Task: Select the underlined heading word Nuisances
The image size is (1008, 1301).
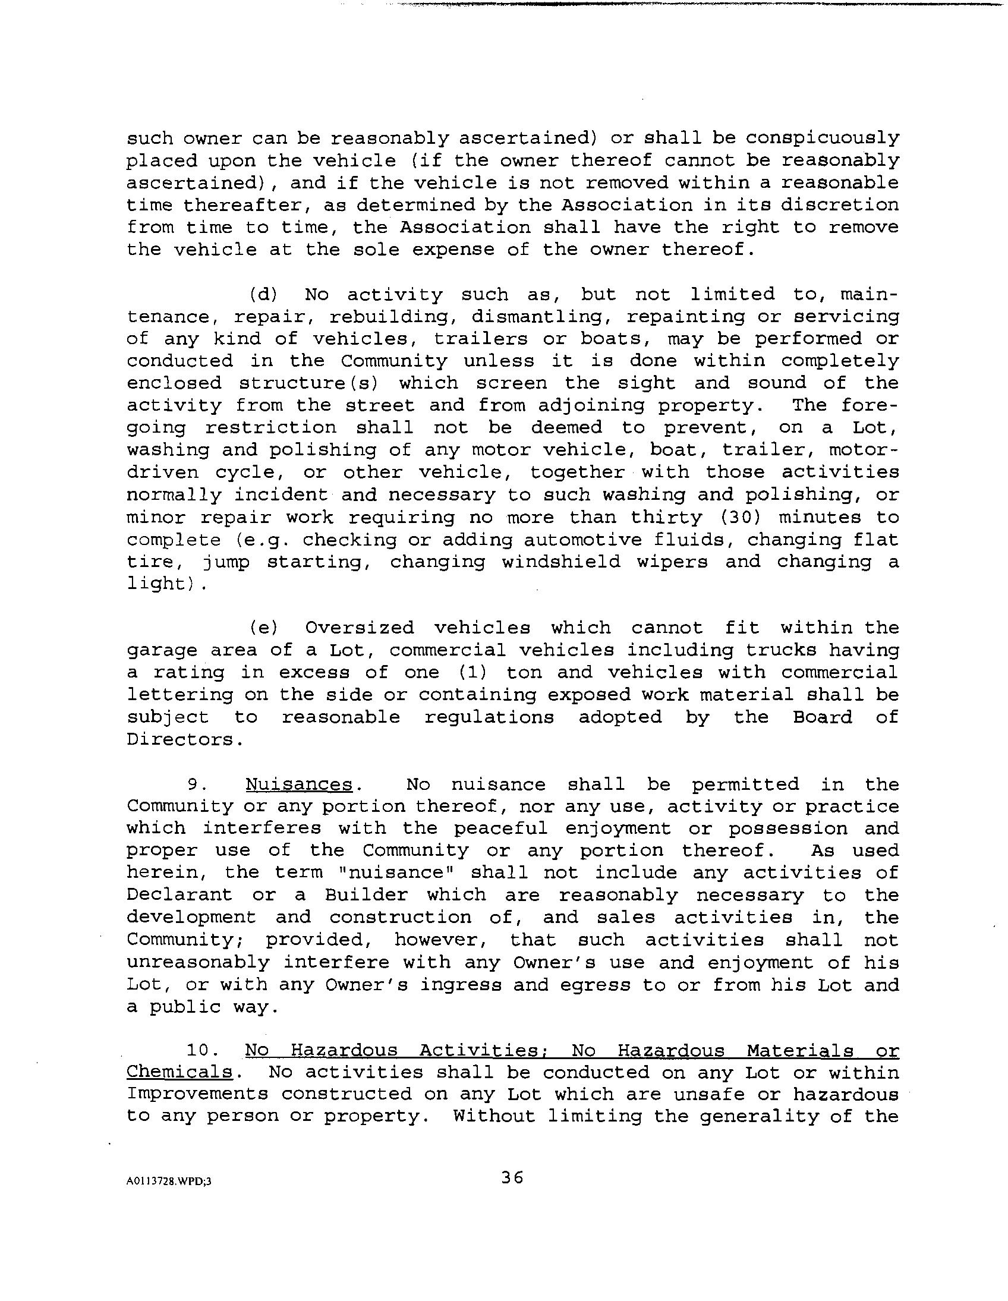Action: point(299,785)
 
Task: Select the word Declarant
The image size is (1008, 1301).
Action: point(179,895)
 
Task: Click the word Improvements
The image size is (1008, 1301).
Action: point(197,1095)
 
